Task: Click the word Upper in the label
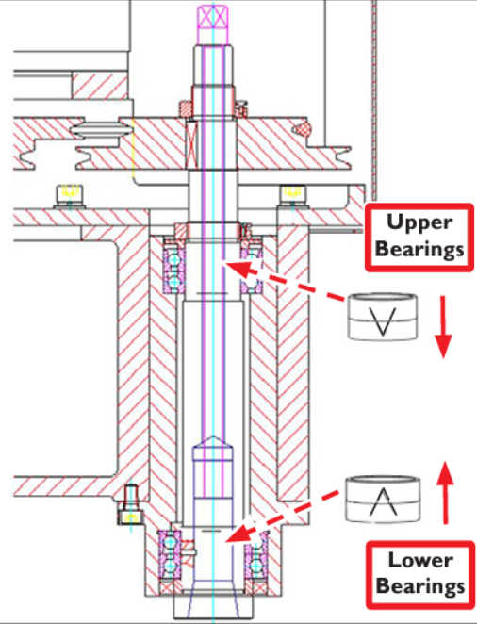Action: (419, 222)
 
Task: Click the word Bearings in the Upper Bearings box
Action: (419, 248)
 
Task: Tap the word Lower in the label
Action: (420, 560)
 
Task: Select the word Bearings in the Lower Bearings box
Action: (420, 585)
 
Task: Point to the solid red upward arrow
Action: (445, 492)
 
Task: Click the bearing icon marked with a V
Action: (383, 317)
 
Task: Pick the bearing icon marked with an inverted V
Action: (383, 499)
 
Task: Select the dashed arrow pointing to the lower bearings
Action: (281, 517)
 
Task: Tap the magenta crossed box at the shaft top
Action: (214, 17)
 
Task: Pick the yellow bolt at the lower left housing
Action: (129, 504)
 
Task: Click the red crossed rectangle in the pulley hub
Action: (192, 144)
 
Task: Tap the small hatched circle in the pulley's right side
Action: (301, 127)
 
